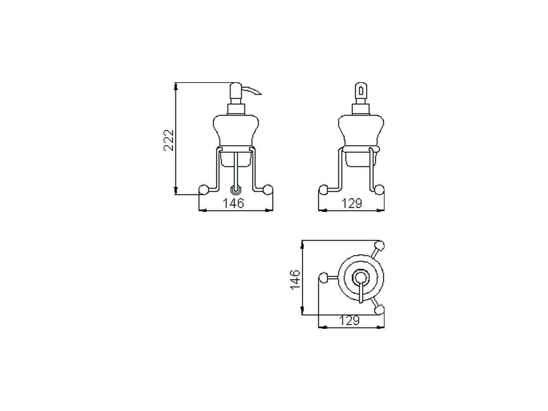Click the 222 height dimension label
169,140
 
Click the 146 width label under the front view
233,203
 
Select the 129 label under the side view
351,203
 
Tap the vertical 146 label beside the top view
295,279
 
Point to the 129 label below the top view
349,320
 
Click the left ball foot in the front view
204,190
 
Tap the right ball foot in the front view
268,190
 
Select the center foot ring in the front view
236,190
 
